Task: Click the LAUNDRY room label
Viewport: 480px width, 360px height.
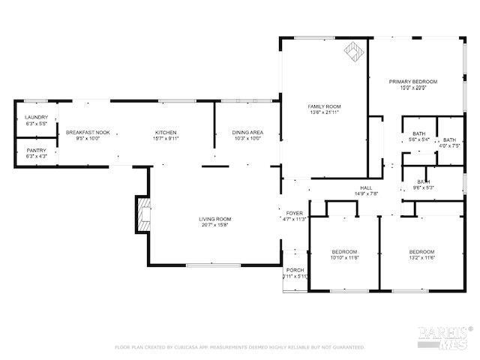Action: [x=36, y=117]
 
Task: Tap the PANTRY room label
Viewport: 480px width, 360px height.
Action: [x=36, y=150]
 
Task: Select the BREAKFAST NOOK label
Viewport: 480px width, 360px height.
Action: [x=88, y=133]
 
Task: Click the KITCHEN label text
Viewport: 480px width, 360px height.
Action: [x=166, y=133]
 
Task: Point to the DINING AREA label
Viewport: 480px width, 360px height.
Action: [x=247, y=133]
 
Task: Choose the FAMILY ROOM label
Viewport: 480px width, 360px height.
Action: [x=324, y=106]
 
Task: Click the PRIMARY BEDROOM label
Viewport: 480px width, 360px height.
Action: [x=412, y=81]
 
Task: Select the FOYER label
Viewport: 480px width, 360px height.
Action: [x=294, y=213]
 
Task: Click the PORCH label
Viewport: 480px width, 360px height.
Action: [x=295, y=270]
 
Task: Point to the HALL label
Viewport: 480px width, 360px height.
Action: [x=366, y=187]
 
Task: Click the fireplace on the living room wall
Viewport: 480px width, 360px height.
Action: [x=142, y=211]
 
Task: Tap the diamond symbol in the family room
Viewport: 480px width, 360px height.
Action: [x=351, y=51]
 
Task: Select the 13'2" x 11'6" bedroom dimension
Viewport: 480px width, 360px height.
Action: [x=421, y=257]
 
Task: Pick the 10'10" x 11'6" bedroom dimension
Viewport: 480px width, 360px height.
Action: [x=344, y=257]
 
